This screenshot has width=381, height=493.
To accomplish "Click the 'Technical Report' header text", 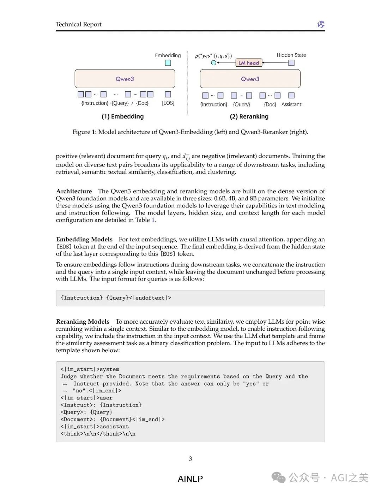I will (x=79, y=24).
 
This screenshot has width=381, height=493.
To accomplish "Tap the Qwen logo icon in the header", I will (x=321, y=24).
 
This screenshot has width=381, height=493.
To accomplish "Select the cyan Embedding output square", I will (x=168, y=63).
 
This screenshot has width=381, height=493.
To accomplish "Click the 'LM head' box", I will (x=249, y=63).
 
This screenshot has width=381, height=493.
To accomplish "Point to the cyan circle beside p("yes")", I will (x=213, y=63).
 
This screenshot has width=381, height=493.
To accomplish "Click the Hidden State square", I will (x=291, y=63).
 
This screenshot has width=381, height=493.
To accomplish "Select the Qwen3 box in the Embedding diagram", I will (x=125, y=79).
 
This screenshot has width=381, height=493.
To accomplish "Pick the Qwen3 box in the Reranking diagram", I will (x=250, y=79).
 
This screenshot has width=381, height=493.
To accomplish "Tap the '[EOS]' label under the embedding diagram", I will (x=168, y=103).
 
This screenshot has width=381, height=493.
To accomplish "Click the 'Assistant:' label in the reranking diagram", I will (x=292, y=104).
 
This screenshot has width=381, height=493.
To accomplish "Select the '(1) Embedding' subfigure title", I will (x=122, y=116).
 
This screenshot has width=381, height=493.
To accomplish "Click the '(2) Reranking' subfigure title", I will (x=249, y=116).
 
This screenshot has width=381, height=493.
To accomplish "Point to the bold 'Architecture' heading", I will (x=74, y=191).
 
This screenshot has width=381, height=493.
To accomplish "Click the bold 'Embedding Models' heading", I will (x=84, y=239).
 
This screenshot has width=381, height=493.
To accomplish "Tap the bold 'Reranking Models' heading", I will (x=83, y=321).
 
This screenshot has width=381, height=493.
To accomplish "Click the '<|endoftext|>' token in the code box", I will (x=150, y=298).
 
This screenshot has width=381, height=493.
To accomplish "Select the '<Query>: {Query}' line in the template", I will (x=86, y=412).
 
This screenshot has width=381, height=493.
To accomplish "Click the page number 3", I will (x=190, y=458).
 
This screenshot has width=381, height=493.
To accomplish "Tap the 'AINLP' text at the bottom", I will (x=190, y=479).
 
